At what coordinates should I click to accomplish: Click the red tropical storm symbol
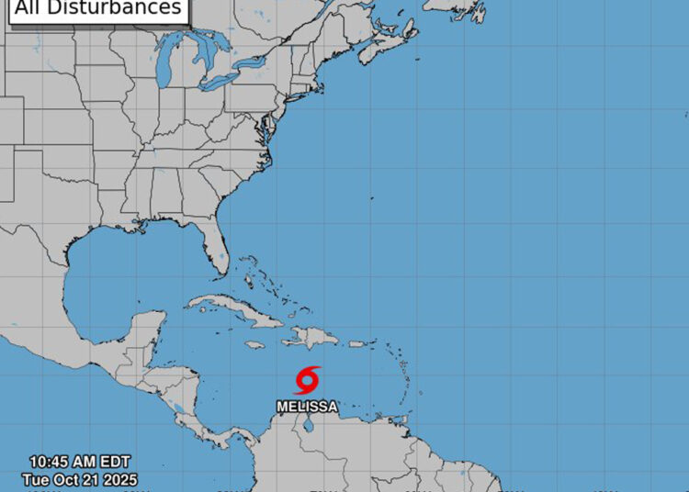[308, 379]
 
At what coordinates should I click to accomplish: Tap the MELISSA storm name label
[307, 406]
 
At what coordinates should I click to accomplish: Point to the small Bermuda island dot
[371, 197]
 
